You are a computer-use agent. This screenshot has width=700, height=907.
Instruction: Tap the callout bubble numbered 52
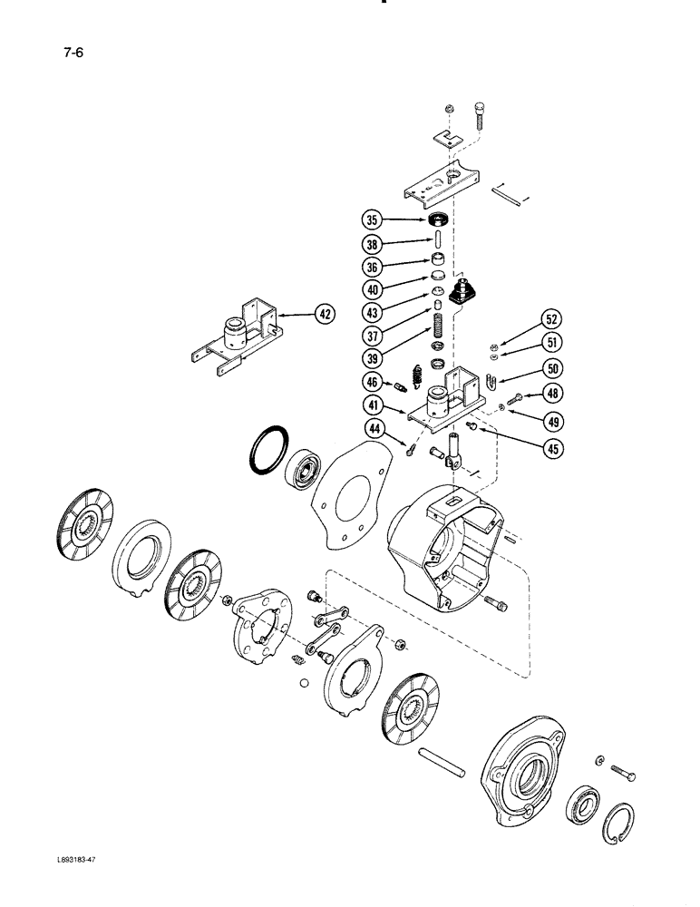(551, 318)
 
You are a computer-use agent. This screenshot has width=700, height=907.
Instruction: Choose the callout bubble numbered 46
(371, 382)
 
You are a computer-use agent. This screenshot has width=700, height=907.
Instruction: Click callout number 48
(551, 393)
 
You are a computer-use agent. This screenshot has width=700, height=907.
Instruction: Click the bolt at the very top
(479, 116)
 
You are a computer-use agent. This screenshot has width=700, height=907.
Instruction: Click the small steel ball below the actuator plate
(305, 683)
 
